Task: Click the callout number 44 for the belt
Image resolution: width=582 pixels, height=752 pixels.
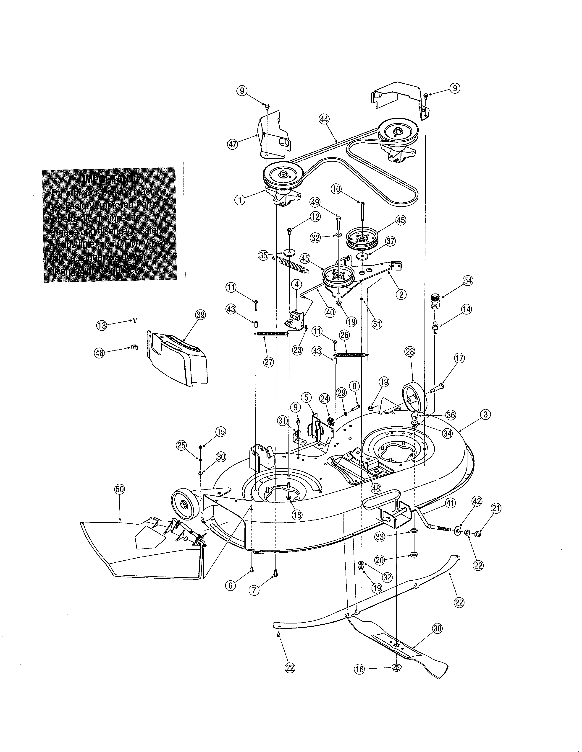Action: click(324, 119)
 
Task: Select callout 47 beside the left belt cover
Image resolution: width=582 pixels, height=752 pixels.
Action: click(233, 144)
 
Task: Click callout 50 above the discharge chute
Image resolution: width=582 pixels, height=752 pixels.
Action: click(120, 489)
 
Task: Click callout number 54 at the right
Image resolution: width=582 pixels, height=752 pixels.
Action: click(468, 281)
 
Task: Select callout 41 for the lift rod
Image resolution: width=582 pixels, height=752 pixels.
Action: click(450, 503)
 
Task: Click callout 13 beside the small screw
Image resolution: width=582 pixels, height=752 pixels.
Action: click(101, 325)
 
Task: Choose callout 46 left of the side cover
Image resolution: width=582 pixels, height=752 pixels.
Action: click(99, 353)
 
